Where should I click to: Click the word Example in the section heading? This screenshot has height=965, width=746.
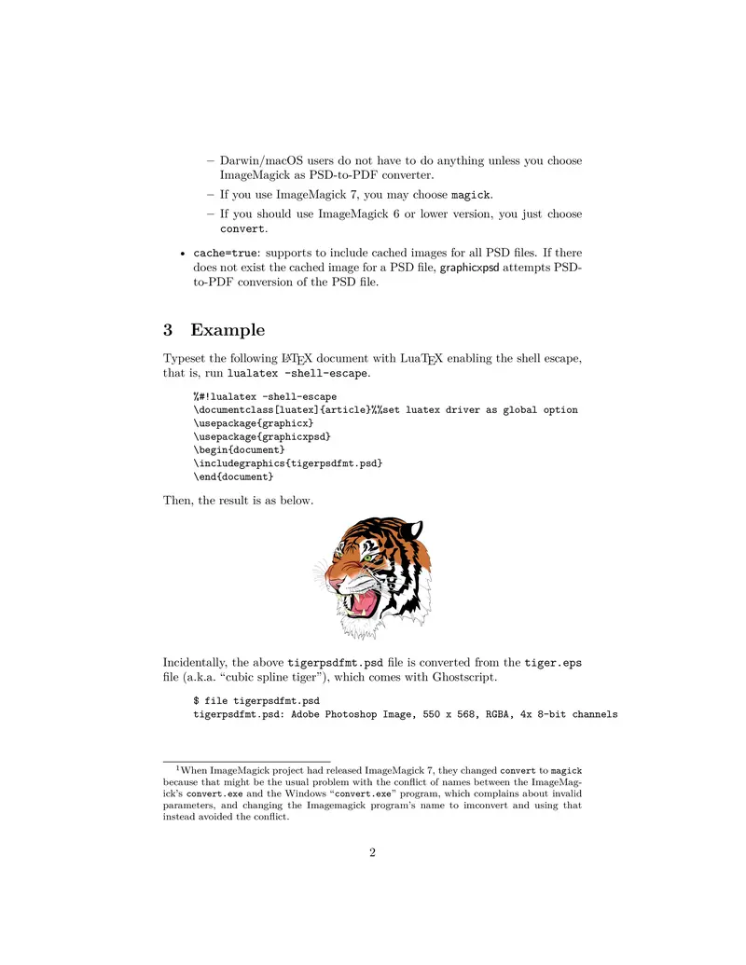point(228,330)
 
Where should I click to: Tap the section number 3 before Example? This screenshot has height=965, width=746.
point(168,330)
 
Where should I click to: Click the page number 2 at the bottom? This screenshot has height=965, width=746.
point(372,852)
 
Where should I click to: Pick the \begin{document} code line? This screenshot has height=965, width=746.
point(239,449)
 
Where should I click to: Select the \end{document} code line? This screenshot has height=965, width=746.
point(233,476)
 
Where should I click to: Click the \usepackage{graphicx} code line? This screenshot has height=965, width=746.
point(253,422)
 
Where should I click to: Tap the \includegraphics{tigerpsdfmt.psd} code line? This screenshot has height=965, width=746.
point(287,463)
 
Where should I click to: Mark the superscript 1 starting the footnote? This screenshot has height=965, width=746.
point(178,767)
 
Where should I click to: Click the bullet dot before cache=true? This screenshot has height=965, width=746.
point(181,254)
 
